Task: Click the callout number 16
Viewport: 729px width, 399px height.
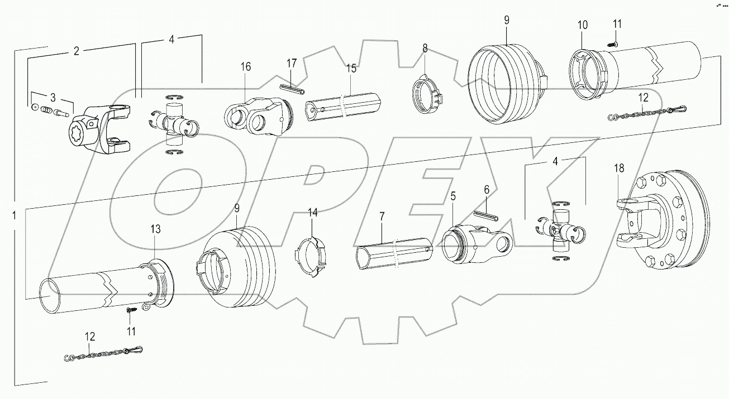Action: (246, 67)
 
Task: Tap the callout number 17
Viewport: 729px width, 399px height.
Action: (292, 63)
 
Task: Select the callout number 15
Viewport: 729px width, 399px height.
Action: (350, 69)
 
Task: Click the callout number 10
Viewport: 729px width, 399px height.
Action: (583, 25)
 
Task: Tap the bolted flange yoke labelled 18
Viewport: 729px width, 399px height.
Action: (659, 223)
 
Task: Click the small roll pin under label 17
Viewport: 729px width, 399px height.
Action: (292, 87)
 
